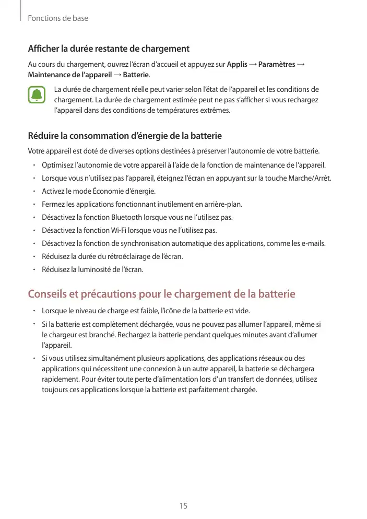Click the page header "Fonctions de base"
tap(58, 18)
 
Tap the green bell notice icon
tap(37, 96)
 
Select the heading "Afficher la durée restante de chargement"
tap(108, 49)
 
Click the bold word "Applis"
tap(238, 65)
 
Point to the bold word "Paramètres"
tap(277, 65)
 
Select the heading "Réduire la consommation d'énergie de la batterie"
tap(124, 136)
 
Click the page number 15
tap(183, 505)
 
